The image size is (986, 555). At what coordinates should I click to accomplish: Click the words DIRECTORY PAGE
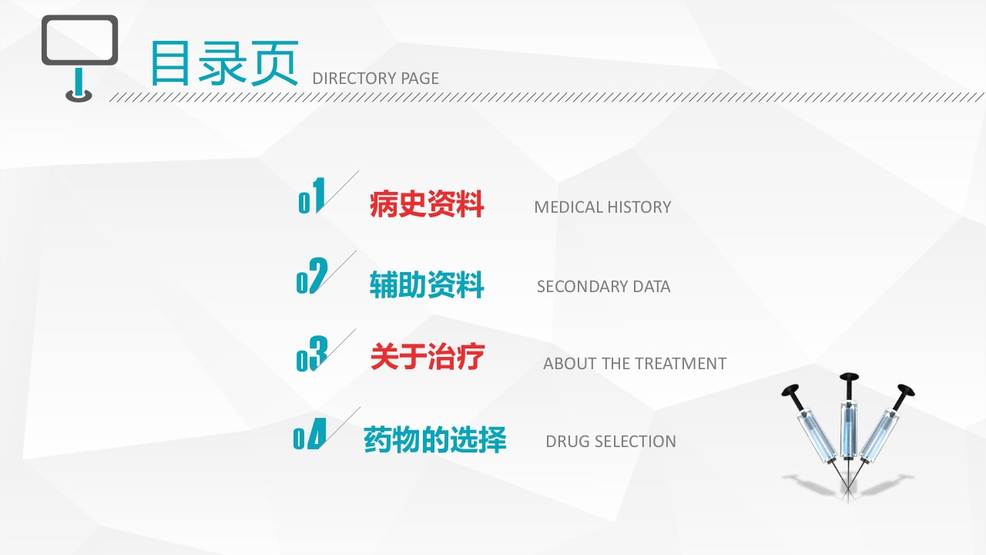(375, 78)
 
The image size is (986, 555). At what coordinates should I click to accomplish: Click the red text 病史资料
(427, 205)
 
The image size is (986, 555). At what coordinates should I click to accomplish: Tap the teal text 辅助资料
(427, 285)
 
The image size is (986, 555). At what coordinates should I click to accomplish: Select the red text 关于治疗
(427, 358)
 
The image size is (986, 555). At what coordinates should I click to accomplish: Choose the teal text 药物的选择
(434, 440)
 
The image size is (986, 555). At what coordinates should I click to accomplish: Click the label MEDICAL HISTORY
(602, 207)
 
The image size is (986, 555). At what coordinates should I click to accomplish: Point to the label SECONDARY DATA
(603, 287)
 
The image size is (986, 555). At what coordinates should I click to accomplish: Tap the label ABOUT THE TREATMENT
(635, 364)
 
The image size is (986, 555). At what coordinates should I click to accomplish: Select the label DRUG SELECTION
(611, 442)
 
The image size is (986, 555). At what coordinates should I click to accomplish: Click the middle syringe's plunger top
(849, 377)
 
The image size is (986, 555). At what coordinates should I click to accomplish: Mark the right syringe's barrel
(879, 436)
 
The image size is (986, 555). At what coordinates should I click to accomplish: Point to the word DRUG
(564, 442)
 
